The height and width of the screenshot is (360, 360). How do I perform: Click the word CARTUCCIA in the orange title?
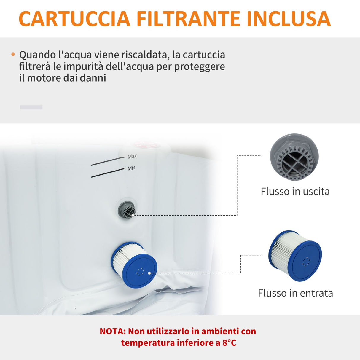(x=74, y=19)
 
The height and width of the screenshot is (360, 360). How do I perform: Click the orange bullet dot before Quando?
(x=13, y=55)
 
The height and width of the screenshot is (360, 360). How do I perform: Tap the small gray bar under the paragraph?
(x=31, y=107)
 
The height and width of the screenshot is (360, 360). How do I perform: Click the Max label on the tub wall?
(x=132, y=156)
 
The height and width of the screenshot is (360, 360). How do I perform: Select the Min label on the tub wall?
(x=131, y=168)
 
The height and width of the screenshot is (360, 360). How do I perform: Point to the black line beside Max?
(x=107, y=161)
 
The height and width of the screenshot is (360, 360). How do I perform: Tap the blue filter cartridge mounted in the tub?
(x=134, y=264)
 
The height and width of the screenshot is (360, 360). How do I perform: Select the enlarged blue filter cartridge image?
(x=295, y=256)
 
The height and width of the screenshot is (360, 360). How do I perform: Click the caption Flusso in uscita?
(x=295, y=191)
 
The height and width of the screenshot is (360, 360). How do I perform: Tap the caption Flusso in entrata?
(x=295, y=293)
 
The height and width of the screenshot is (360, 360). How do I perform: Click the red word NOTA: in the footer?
(x=113, y=331)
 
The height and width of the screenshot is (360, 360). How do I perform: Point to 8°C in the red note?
(x=229, y=343)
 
